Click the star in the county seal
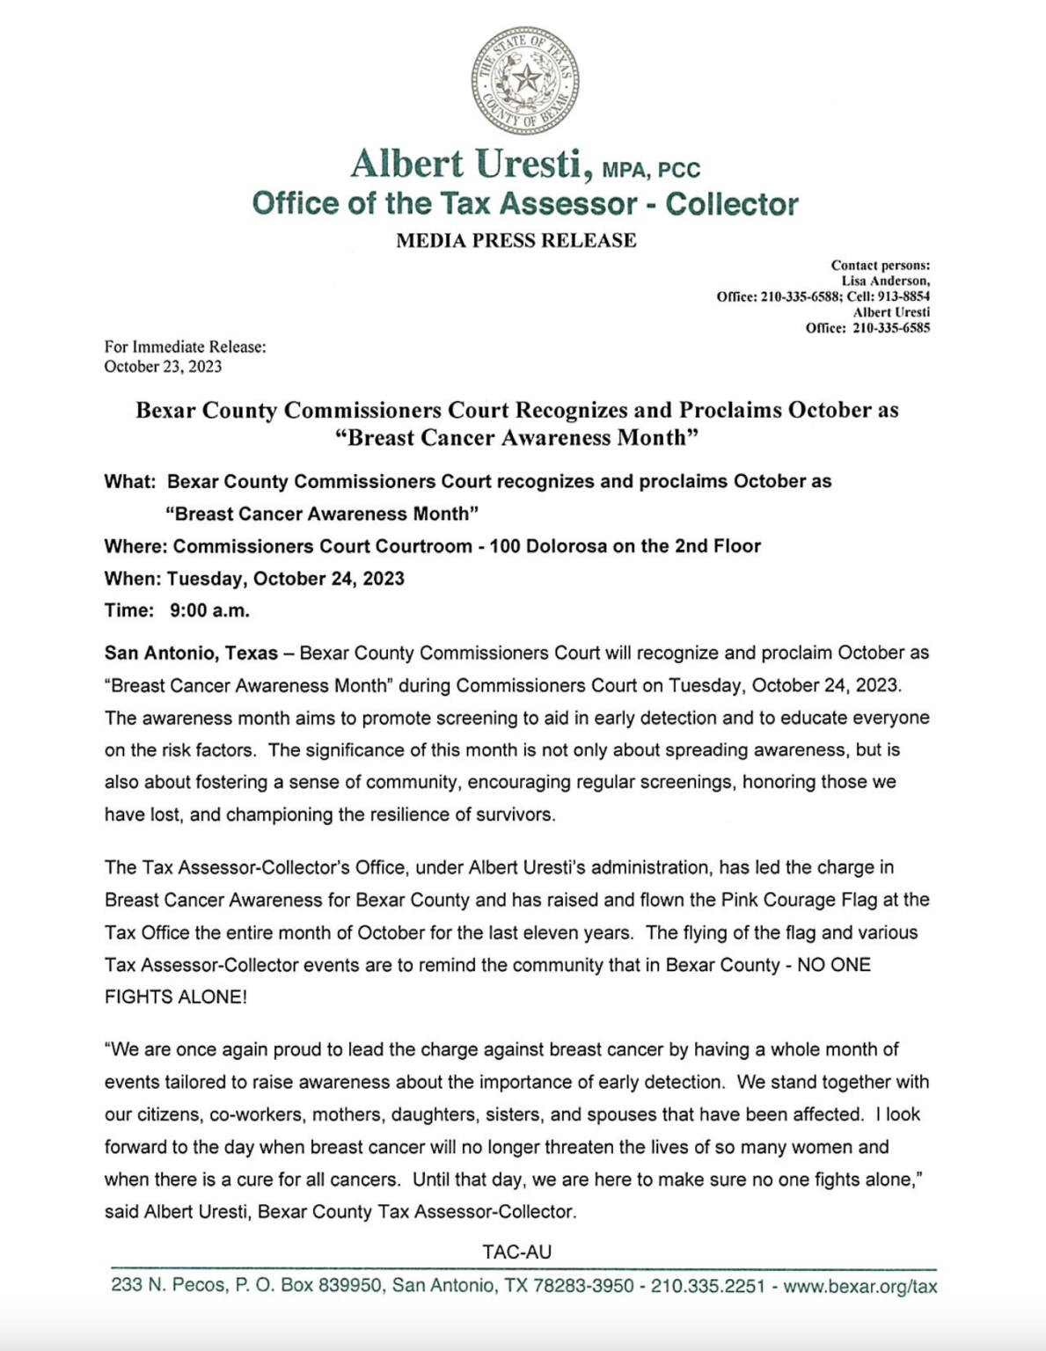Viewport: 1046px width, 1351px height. (x=526, y=80)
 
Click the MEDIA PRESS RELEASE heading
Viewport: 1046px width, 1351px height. (x=516, y=240)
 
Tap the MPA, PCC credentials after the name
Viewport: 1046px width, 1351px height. (x=652, y=168)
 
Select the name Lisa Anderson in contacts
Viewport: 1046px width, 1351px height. (x=885, y=281)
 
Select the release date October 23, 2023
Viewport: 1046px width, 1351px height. (x=163, y=366)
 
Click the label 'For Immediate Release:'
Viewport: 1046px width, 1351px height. (x=185, y=347)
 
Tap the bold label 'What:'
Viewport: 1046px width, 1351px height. (x=129, y=481)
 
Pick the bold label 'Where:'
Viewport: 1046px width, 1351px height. (x=135, y=546)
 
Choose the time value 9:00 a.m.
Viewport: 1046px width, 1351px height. (x=209, y=610)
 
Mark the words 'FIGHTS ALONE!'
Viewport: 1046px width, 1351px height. (x=175, y=997)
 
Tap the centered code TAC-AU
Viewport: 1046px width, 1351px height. (x=516, y=1252)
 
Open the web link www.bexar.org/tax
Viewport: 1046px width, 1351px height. (x=859, y=1286)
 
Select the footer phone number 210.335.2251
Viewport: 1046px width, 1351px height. (x=707, y=1286)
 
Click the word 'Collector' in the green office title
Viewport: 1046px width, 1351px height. (x=732, y=204)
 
